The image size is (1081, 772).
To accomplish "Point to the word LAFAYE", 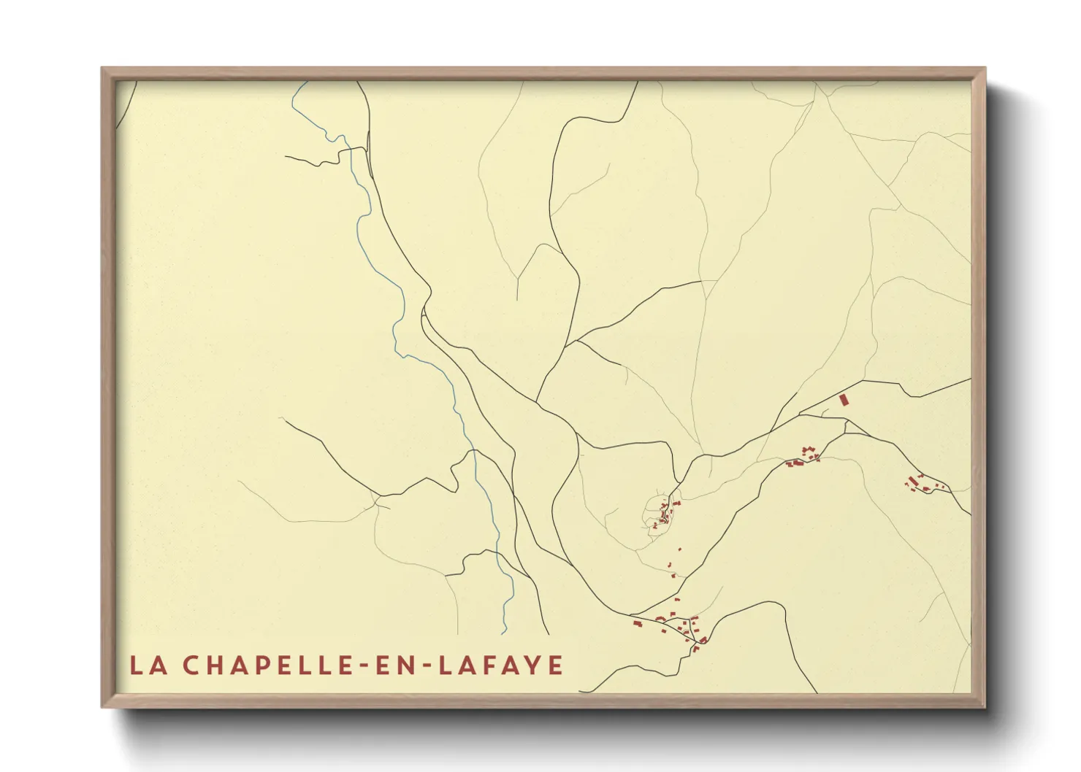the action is click(501, 665).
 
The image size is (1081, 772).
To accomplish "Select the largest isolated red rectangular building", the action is click(843, 400).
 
